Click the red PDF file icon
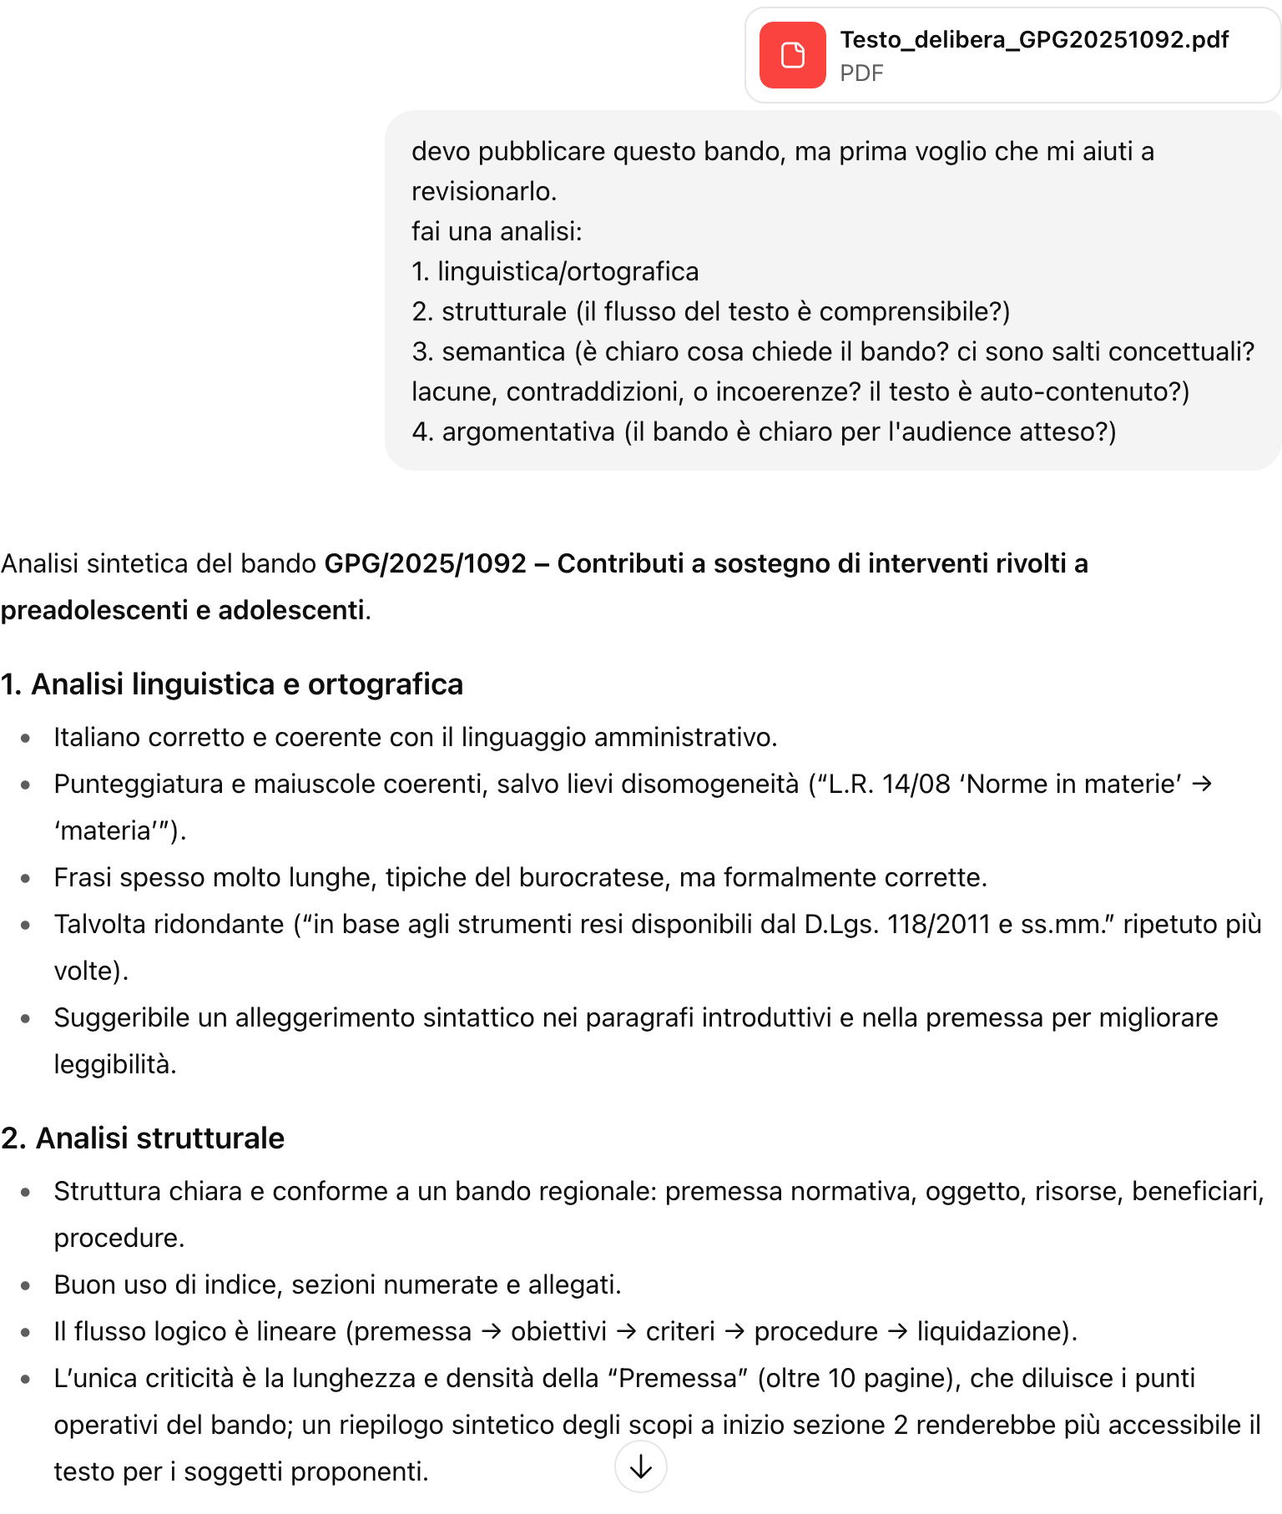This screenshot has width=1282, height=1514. point(792,55)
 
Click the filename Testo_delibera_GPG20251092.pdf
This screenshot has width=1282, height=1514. point(1034,39)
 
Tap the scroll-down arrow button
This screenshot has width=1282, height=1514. point(640,1466)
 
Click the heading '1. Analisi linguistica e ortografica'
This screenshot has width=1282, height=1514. point(232,684)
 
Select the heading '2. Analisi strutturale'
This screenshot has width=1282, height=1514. point(143,1138)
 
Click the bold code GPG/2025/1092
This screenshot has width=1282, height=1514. point(425,563)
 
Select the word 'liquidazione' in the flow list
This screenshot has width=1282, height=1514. point(988,1331)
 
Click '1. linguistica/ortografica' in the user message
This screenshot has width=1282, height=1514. point(555,271)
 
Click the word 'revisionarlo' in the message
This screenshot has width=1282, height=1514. point(482,191)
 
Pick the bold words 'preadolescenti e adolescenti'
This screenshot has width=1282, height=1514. point(183,610)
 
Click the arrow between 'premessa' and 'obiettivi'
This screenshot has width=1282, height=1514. point(492,1331)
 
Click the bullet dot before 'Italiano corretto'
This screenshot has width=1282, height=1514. point(26,738)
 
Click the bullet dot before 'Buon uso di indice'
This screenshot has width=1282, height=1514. point(26,1285)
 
